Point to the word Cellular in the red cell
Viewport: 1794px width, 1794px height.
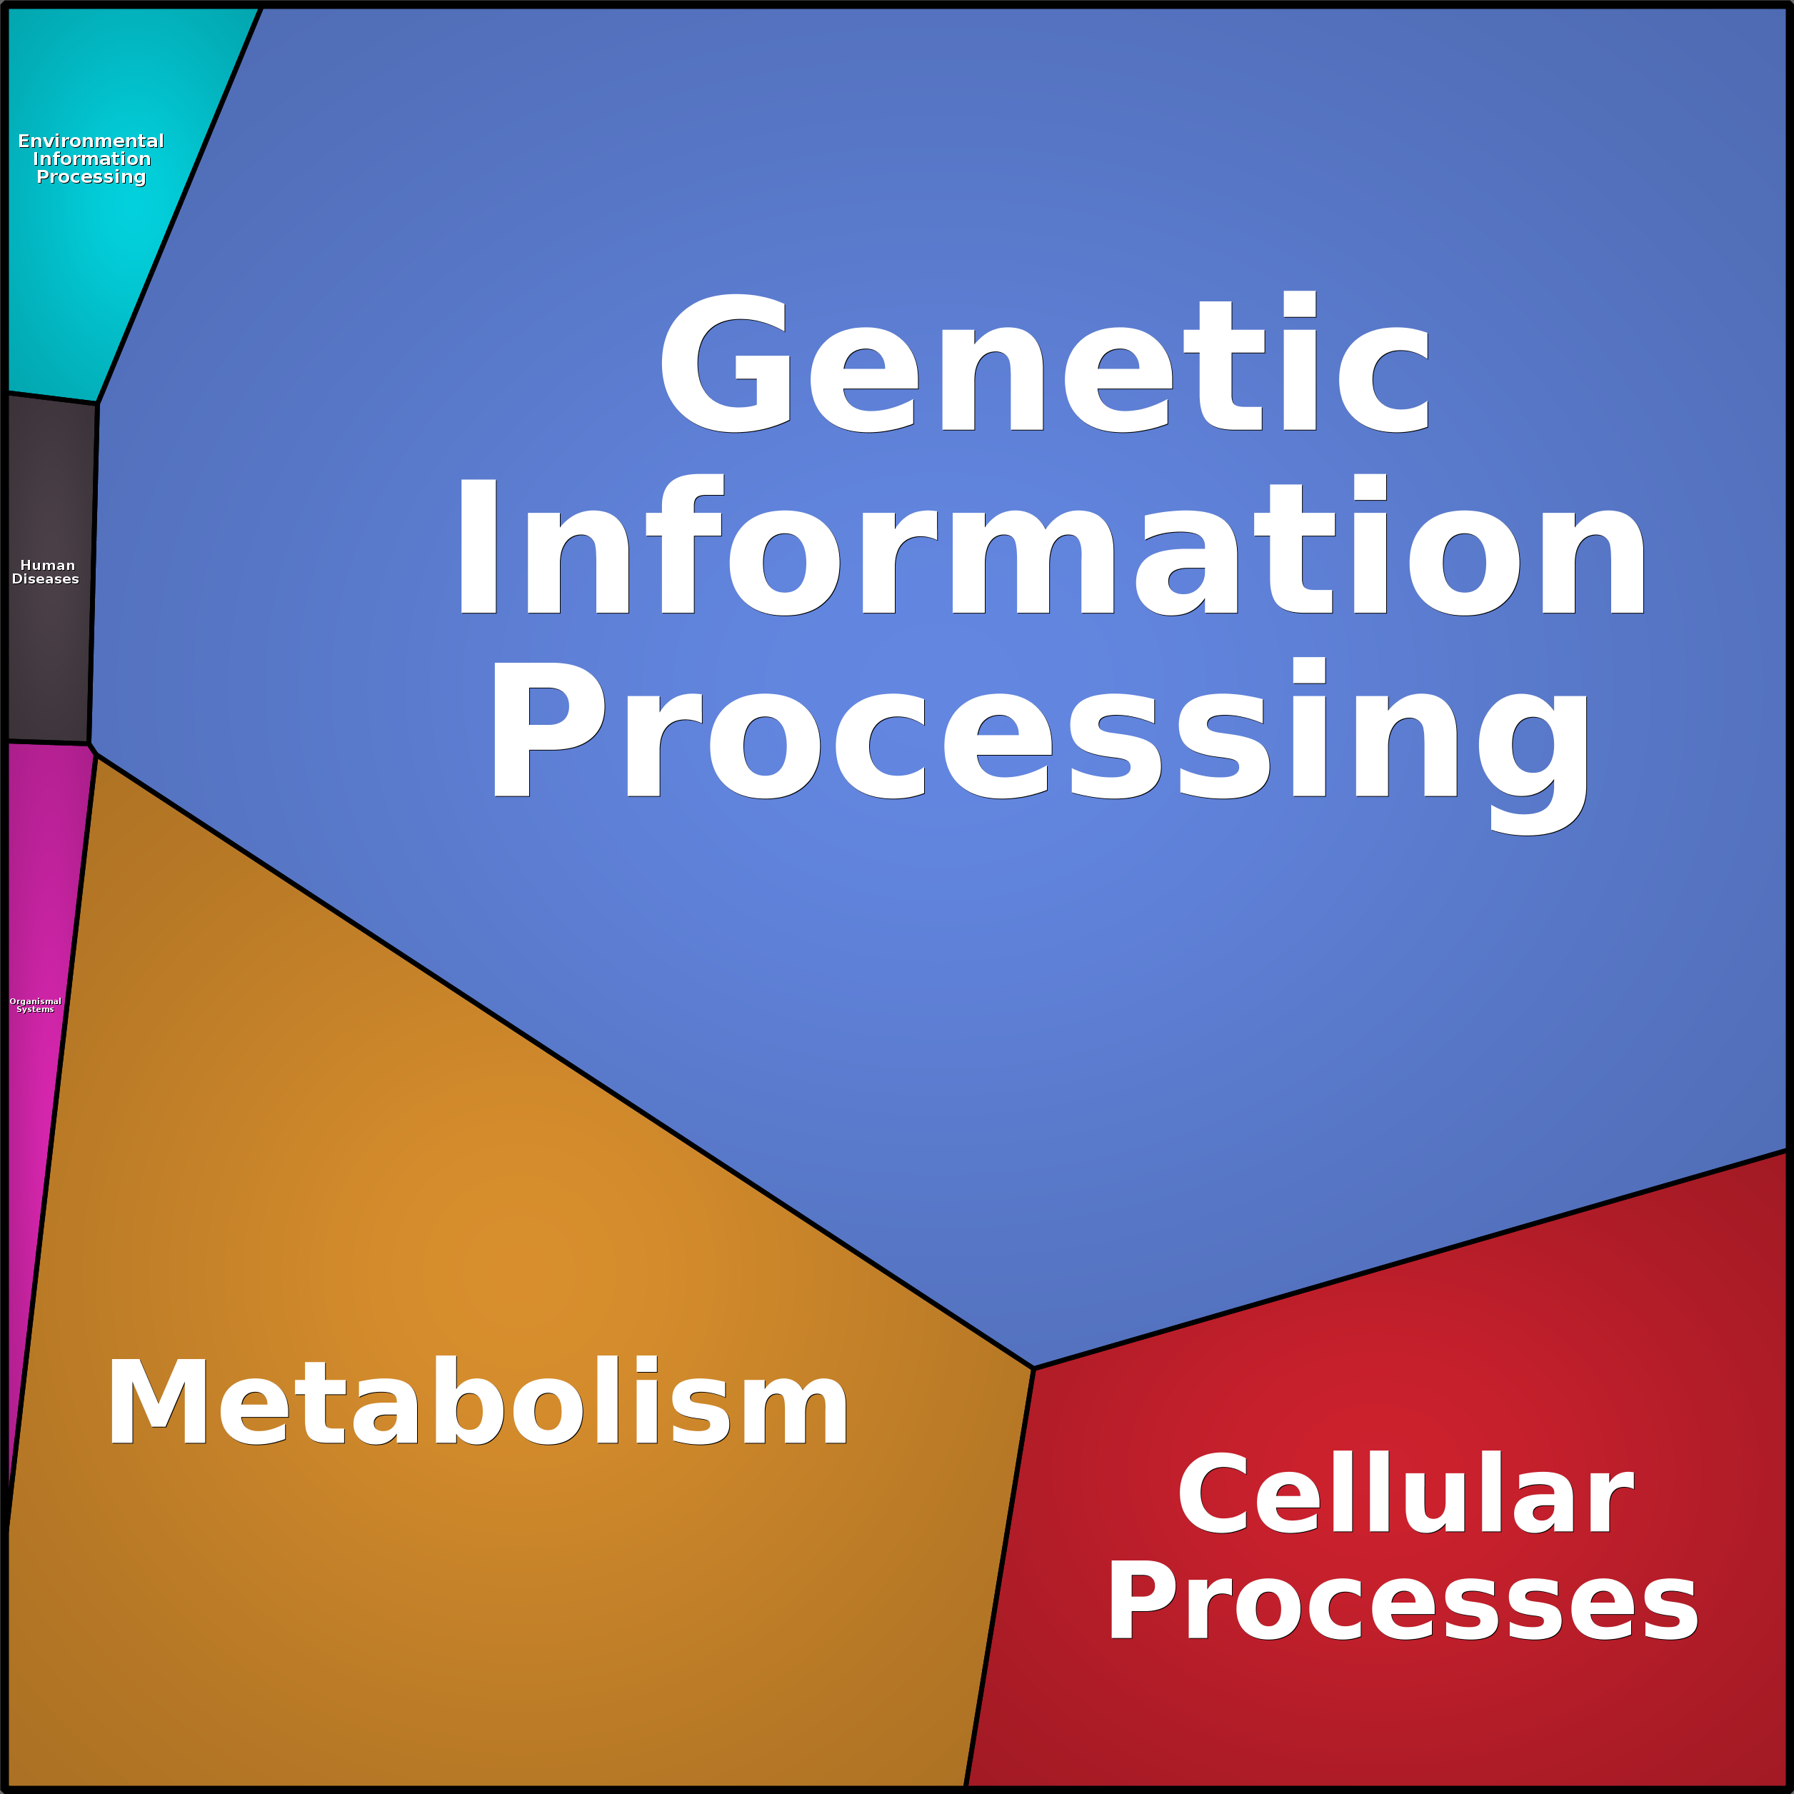(1405, 1495)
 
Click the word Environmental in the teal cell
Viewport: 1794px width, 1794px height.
(91, 141)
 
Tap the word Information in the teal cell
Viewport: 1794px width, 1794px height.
(91, 159)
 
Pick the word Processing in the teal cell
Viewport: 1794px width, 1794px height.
(91, 177)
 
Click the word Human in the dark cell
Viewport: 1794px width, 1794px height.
(47, 565)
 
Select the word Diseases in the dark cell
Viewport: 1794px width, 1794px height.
(46, 578)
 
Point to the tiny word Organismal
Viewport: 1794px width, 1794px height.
(35, 1001)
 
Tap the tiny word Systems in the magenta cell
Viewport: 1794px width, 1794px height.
(35, 1009)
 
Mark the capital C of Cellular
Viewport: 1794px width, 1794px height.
(1213, 1495)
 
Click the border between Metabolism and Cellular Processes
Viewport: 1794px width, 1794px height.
(999, 1578)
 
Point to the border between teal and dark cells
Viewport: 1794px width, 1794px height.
(52, 399)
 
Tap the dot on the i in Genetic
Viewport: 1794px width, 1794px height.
(1300, 304)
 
